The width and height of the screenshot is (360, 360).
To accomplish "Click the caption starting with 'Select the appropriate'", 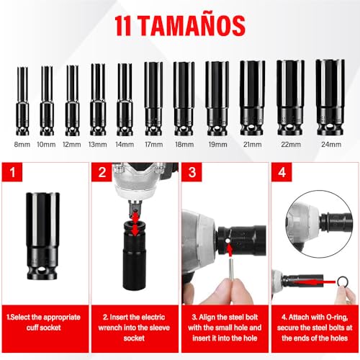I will click(x=45, y=322).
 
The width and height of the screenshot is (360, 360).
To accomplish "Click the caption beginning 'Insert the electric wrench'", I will click(x=135, y=327).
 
